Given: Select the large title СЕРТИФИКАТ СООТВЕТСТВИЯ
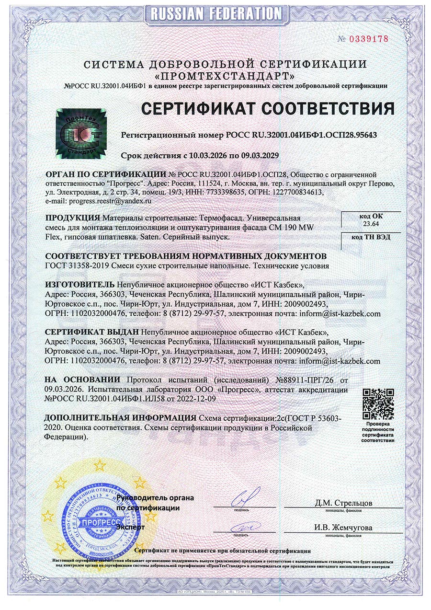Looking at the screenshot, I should point(267,108).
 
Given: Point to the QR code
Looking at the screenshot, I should point(378,403).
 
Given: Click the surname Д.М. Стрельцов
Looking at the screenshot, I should point(343,503).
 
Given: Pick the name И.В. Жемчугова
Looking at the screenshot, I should point(343,528).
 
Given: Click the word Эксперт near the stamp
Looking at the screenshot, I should point(130,527).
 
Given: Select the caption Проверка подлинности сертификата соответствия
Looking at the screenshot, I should point(378,432).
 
